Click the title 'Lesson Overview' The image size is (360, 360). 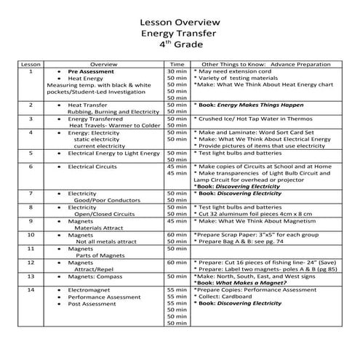point(179,22)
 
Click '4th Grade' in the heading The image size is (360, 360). point(179,46)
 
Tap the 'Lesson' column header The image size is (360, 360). point(31,65)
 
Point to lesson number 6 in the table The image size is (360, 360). point(31,167)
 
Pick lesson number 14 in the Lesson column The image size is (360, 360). point(31,289)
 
